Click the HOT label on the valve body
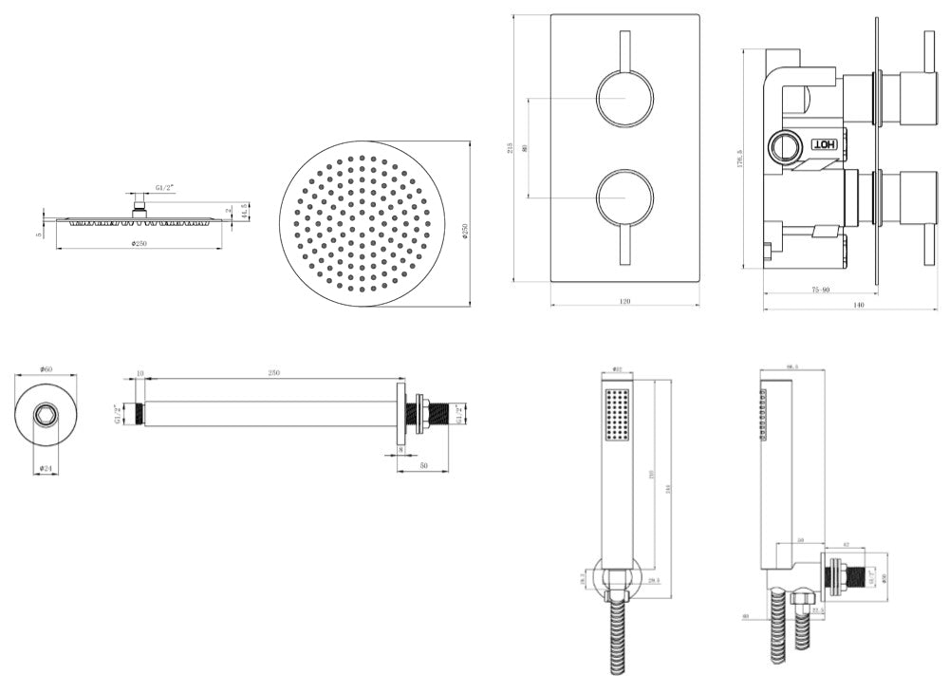point(824,143)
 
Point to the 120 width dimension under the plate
point(623,301)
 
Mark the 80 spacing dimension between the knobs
point(525,147)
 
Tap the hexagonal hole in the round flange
point(45,415)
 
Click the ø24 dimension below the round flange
point(45,467)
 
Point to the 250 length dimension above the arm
point(273,373)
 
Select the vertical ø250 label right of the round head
point(465,229)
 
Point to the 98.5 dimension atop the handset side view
point(791,367)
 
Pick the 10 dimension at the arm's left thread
point(140,373)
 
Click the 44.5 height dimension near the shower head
point(245,211)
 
